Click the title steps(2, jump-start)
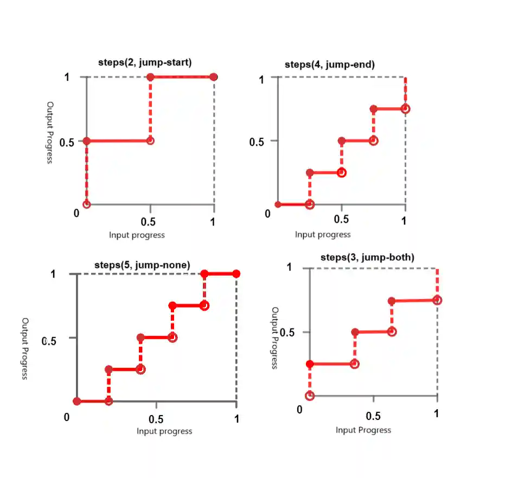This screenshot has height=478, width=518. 144,62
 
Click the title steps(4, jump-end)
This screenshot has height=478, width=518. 330,64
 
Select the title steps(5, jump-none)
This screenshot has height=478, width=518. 143,265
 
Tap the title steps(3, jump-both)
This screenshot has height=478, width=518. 367,257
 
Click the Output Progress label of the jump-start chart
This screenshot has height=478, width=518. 50,132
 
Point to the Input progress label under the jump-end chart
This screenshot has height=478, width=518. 323,235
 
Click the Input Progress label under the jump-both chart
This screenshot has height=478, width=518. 363,430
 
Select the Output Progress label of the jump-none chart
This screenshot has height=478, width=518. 25,348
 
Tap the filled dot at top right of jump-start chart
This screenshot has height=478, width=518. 214,77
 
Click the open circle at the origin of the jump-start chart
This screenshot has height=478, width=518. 86,204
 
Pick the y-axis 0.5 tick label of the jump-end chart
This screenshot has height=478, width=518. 256,142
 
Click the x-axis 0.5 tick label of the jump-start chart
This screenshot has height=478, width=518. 148,222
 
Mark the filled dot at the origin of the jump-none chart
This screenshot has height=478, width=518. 77,402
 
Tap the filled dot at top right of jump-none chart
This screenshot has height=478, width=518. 236,274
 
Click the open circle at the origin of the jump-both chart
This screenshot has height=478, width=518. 310,396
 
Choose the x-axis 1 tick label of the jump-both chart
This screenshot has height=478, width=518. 437,414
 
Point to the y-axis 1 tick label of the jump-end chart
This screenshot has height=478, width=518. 261,80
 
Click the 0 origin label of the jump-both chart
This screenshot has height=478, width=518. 299,409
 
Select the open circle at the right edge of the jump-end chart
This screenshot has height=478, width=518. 405,109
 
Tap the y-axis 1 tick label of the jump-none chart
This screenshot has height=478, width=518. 53,274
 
